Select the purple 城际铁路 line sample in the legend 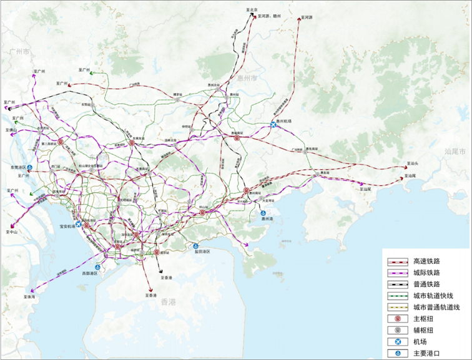pos(397,273)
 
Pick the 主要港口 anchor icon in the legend pos(397,353)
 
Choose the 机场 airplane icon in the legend pos(397,342)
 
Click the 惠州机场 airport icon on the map pos(273,125)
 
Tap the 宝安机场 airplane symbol pos(79,225)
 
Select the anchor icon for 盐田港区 pos(196,246)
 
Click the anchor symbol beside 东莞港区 pos(29,168)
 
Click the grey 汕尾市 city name pos(455,151)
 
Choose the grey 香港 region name pos(169,303)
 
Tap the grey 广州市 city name pos(16,53)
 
